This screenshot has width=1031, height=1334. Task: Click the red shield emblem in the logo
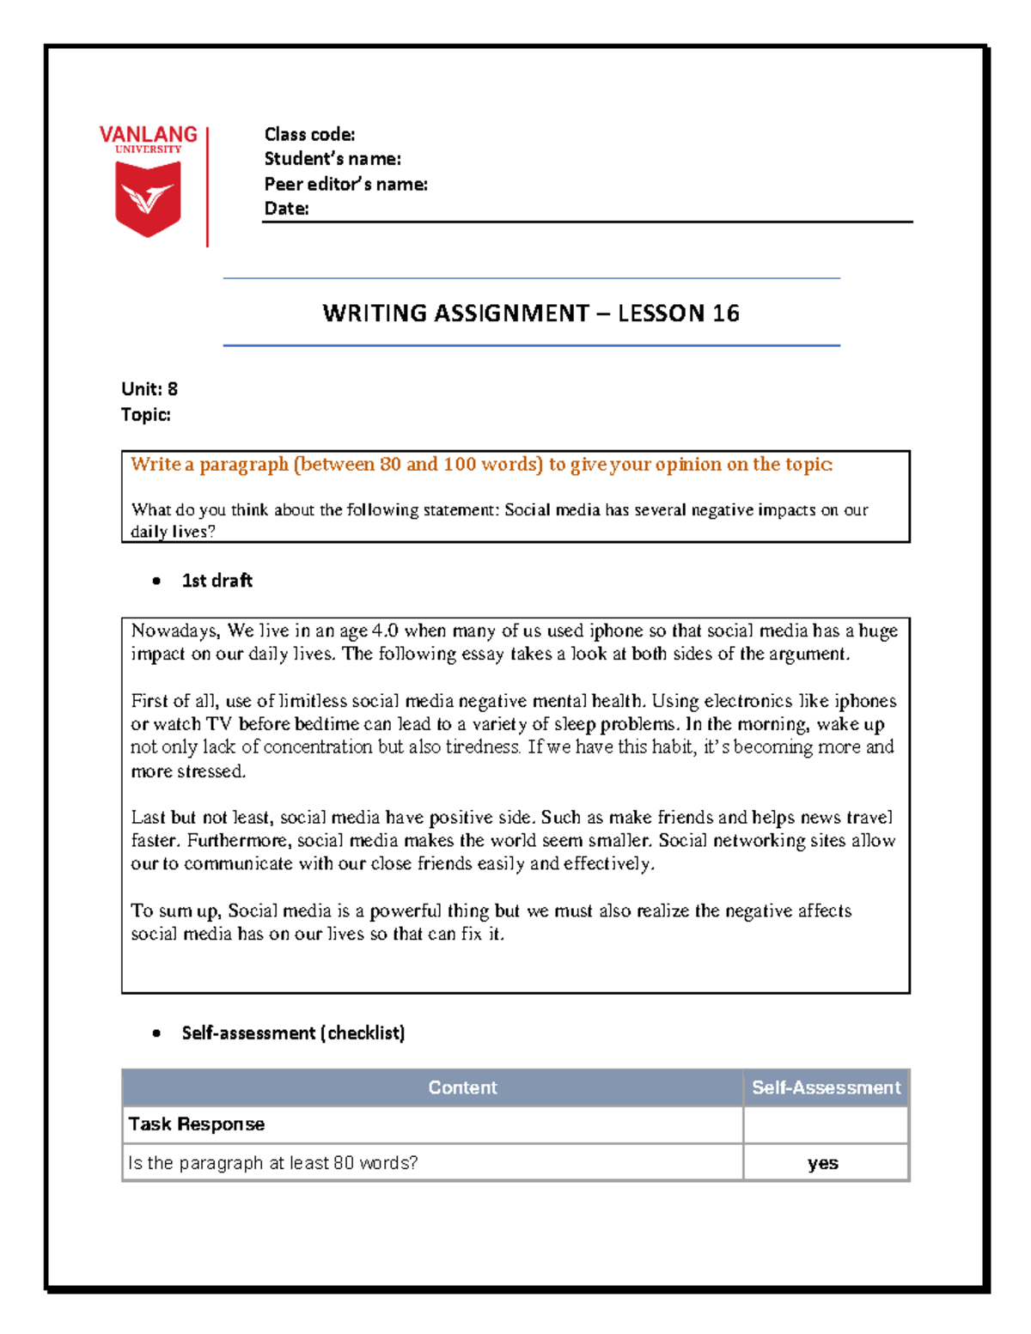click(x=148, y=198)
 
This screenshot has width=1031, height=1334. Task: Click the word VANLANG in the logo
click(x=148, y=135)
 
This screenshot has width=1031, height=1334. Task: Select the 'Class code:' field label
click(x=309, y=134)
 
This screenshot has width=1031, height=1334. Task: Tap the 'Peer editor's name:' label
click(x=345, y=184)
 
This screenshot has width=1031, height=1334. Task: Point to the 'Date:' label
click(x=286, y=208)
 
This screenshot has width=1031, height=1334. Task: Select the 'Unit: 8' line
click(x=149, y=389)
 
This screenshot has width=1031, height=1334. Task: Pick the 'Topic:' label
click(x=146, y=415)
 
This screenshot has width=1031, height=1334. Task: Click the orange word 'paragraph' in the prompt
click(x=244, y=465)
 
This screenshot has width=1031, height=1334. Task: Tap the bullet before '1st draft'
click(x=156, y=581)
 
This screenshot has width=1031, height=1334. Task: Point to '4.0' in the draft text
click(x=385, y=630)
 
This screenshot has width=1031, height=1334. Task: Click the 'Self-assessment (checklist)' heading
click(x=293, y=1032)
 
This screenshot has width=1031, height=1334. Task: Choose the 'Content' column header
click(x=462, y=1087)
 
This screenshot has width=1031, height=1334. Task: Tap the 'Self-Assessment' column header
click(x=826, y=1087)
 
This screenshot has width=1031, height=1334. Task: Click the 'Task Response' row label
click(x=197, y=1124)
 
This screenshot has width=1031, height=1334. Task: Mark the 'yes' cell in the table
click(x=823, y=1163)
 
